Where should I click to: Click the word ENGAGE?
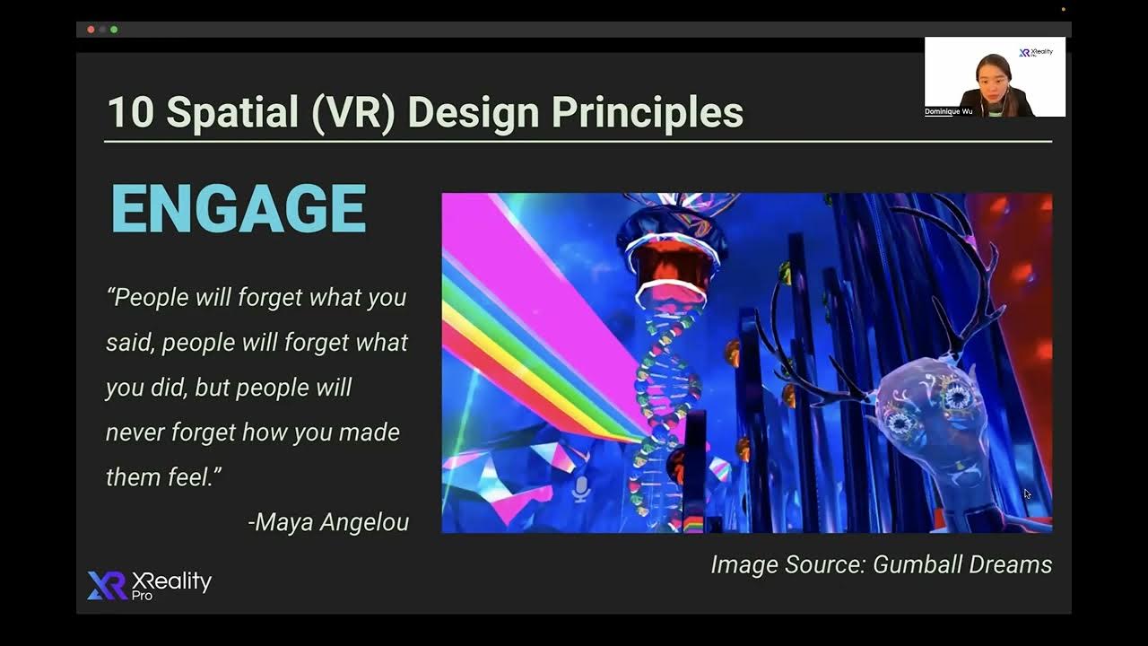tap(239, 209)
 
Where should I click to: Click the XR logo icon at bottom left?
tap(107, 585)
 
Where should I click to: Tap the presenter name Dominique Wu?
tap(948, 112)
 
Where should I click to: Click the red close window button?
tap(91, 30)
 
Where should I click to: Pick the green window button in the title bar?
tap(114, 30)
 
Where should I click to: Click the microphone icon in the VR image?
tap(580, 488)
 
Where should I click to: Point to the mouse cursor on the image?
tap(1027, 493)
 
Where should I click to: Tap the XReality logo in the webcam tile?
tap(1037, 52)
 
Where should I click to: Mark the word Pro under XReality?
tap(142, 596)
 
